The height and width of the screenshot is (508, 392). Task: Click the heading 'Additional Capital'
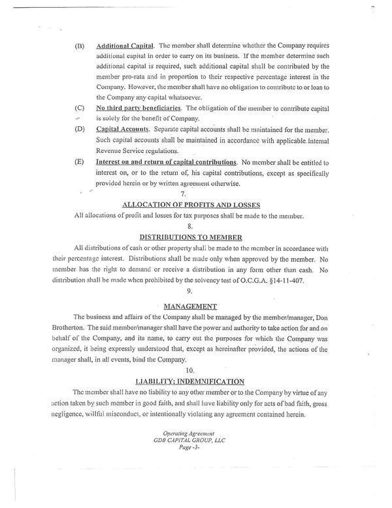click(125, 47)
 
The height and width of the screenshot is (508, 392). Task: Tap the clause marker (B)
click(80, 47)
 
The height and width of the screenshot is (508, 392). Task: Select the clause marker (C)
click(80, 106)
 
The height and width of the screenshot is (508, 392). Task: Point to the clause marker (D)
click(80, 131)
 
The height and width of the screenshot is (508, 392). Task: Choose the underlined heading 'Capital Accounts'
click(123, 131)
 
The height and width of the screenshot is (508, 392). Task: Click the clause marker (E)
click(80, 161)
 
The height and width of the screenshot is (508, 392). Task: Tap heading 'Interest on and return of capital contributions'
click(166, 161)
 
